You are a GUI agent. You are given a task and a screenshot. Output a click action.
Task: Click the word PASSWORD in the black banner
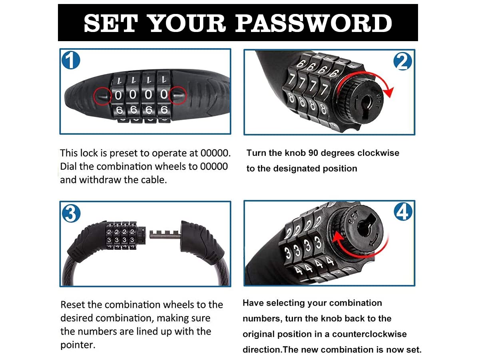(314, 23)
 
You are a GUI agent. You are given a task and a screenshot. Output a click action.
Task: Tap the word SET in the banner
(111, 23)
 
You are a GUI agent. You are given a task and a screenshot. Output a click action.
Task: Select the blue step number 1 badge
(71, 60)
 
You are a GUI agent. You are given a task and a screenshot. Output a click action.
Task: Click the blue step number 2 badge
(402, 61)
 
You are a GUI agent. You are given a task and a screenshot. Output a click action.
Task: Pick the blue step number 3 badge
(71, 213)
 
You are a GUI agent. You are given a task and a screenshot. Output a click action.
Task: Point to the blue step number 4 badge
(403, 212)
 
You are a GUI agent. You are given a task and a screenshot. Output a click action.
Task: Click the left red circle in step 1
(103, 96)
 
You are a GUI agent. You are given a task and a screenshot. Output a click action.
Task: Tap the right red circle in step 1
(177, 95)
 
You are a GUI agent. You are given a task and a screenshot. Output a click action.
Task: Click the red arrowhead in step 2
(388, 92)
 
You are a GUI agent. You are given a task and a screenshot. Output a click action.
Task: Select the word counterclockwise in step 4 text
(369, 334)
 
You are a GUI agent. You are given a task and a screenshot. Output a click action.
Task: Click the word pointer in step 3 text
(78, 345)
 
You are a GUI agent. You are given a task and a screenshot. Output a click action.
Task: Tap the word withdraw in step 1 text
(100, 180)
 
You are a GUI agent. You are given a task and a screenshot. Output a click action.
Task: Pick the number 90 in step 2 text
(313, 153)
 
